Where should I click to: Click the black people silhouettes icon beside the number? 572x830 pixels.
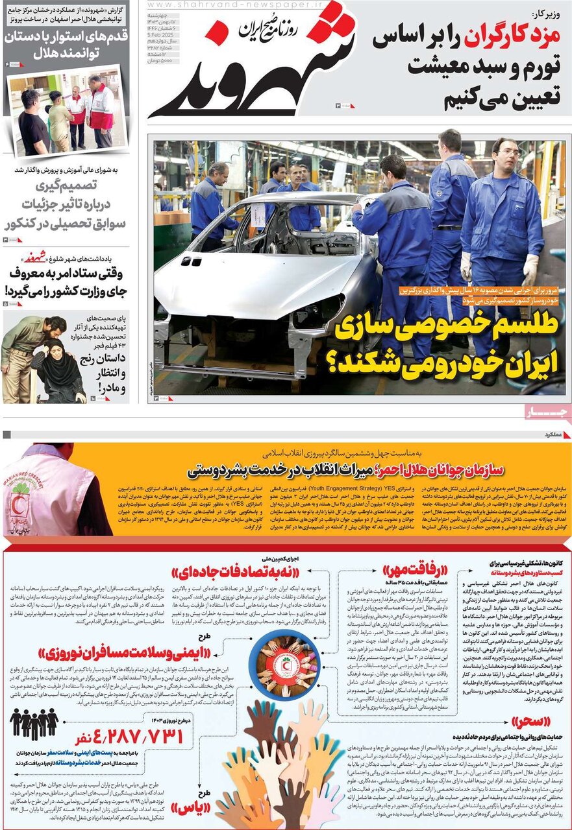[34, 722]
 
